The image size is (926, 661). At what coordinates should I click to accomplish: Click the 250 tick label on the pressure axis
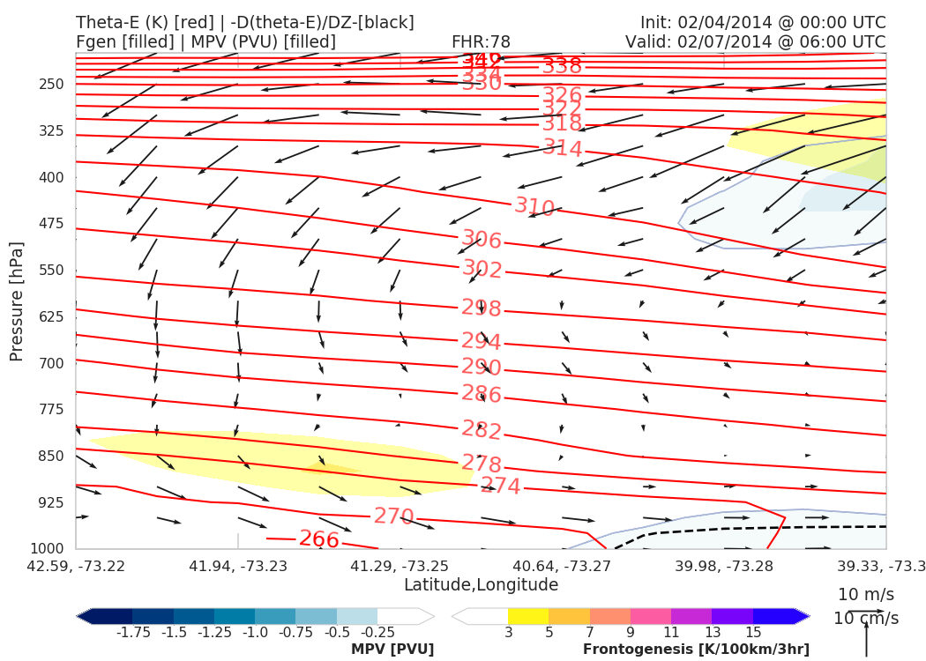click(x=51, y=85)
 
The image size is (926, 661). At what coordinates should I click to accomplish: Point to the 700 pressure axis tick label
click(x=51, y=363)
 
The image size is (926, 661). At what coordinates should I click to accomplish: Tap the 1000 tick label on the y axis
click(x=48, y=549)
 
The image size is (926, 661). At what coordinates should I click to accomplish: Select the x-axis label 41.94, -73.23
click(x=237, y=565)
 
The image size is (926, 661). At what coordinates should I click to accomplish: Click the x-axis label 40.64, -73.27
click(x=561, y=565)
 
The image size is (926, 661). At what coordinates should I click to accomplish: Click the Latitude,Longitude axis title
click(x=481, y=585)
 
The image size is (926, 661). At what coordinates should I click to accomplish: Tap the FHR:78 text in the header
click(x=481, y=42)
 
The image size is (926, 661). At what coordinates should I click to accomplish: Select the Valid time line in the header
click(x=755, y=42)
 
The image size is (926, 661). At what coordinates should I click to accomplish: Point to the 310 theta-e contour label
click(x=534, y=208)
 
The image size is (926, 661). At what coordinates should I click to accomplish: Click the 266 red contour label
click(x=319, y=539)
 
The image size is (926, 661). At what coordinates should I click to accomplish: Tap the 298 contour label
click(x=482, y=308)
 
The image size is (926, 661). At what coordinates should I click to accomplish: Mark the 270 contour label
click(x=394, y=516)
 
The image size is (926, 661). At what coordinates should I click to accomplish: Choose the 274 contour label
click(x=500, y=486)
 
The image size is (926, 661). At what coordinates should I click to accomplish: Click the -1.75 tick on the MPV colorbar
click(x=132, y=633)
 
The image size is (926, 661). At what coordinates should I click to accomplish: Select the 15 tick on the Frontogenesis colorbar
click(x=752, y=633)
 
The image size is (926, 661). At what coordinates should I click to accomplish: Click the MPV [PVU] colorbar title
click(x=392, y=650)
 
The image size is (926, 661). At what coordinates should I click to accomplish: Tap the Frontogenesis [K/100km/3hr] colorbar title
click(x=696, y=650)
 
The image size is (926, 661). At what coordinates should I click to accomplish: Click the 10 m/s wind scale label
click(x=866, y=594)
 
